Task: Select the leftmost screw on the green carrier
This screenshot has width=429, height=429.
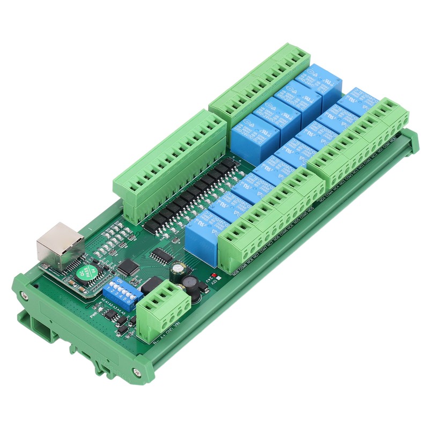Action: (23, 295)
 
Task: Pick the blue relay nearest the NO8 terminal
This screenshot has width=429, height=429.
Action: (202, 236)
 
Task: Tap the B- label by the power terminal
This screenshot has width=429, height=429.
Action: (156, 344)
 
